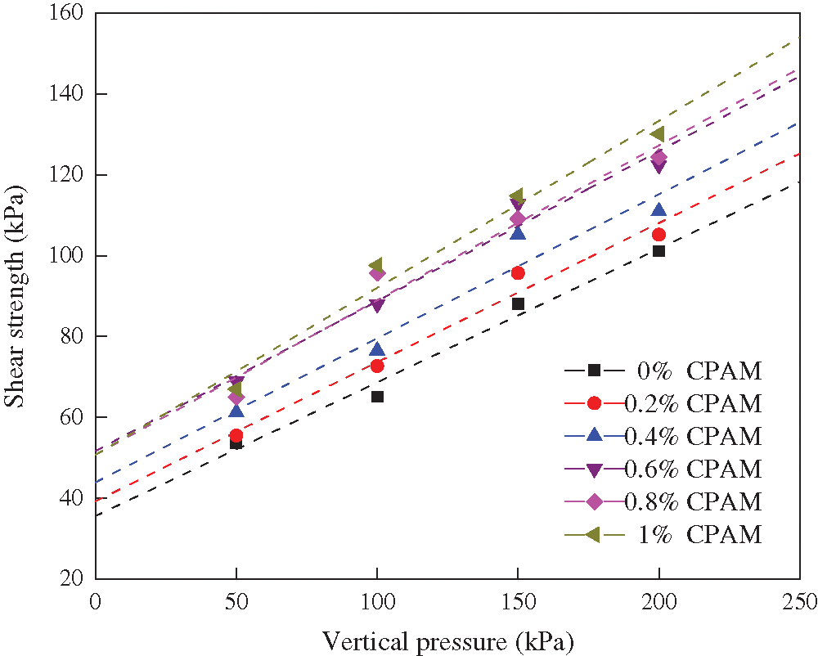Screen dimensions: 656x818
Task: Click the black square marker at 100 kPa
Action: [x=377, y=397]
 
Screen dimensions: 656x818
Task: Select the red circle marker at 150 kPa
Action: [x=518, y=273]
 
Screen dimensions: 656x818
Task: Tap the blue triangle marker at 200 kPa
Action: [x=658, y=210]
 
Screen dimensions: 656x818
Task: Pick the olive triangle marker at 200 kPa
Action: [x=658, y=134]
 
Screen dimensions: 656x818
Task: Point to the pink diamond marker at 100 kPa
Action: [x=377, y=273]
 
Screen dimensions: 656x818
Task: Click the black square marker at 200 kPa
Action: [x=658, y=251]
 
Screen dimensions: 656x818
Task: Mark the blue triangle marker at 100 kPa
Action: [x=377, y=349]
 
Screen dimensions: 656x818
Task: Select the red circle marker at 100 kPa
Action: [x=377, y=366]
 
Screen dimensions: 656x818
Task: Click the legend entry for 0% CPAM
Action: [x=663, y=371]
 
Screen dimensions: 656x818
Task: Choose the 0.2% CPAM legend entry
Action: [x=663, y=404]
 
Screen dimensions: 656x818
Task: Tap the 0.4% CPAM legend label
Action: [x=663, y=436]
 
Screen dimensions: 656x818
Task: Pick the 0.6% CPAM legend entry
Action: [x=663, y=469]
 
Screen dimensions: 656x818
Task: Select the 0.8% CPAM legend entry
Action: [x=663, y=501]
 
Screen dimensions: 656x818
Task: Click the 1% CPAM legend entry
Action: [x=663, y=535]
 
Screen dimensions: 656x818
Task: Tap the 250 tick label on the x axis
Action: [x=798, y=603]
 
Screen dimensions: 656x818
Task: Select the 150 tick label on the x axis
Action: [x=518, y=603]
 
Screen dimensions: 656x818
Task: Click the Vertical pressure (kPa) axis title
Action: [x=447, y=640]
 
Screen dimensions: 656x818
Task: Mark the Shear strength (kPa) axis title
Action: [x=16, y=296]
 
